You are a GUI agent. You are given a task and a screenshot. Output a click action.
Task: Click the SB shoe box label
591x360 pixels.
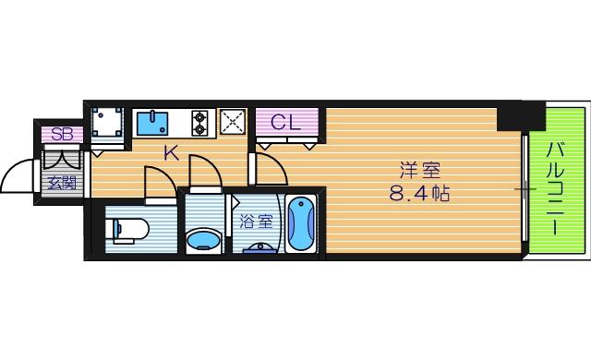point(62,134)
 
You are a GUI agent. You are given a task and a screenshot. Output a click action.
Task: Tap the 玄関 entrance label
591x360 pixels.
point(63,181)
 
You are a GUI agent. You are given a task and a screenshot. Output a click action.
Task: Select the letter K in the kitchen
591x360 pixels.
point(171,153)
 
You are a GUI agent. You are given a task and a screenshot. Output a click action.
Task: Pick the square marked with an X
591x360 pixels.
point(233,122)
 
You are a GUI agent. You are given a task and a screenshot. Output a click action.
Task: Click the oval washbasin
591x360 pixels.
point(204,242)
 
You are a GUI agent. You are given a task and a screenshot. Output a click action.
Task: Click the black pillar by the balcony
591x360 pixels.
point(520,117)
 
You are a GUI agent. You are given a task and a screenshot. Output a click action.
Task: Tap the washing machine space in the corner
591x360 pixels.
point(109,124)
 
